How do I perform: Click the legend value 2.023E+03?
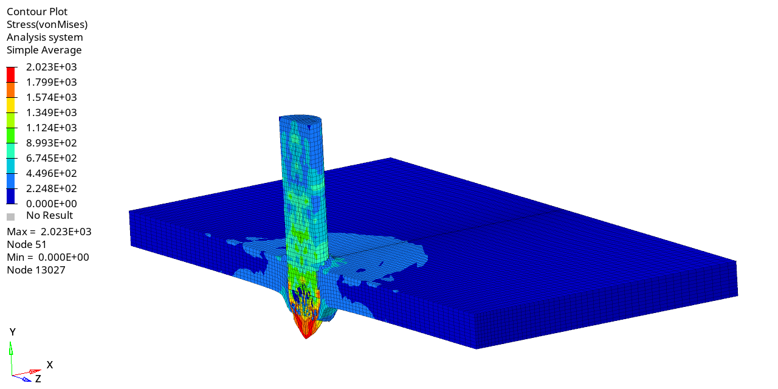pyautogui.click(x=52, y=67)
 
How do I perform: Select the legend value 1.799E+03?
pyautogui.click(x=52, y=82)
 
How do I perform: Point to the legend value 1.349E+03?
pyautogui.click(x=52, y=112)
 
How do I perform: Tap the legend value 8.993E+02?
pyautogui.click(x=52, y=143)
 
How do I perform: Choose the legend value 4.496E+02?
pyautogui.click(x=52, y=173)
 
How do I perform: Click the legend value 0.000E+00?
pyautogui.click(x=52, y=204)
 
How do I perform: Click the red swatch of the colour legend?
pyautogui.click(x=11, y=75)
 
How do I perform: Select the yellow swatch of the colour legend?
pyautogui.click(x=11, y=105)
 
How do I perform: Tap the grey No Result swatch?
pyautogui.click(x=11, y=217)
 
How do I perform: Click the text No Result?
pyautogui.click(x=50, y=215)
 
